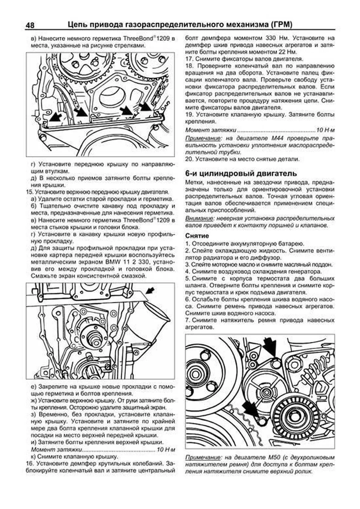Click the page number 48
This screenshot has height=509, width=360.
click(x=30, y=25)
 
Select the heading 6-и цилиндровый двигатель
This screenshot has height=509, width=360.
click(x=241, y=173)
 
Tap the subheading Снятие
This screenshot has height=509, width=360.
click(x=197, y=235)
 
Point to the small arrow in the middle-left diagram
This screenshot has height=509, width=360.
click(x=150, y=290)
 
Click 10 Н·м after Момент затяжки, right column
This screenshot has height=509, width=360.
click(x=325, y=130)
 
